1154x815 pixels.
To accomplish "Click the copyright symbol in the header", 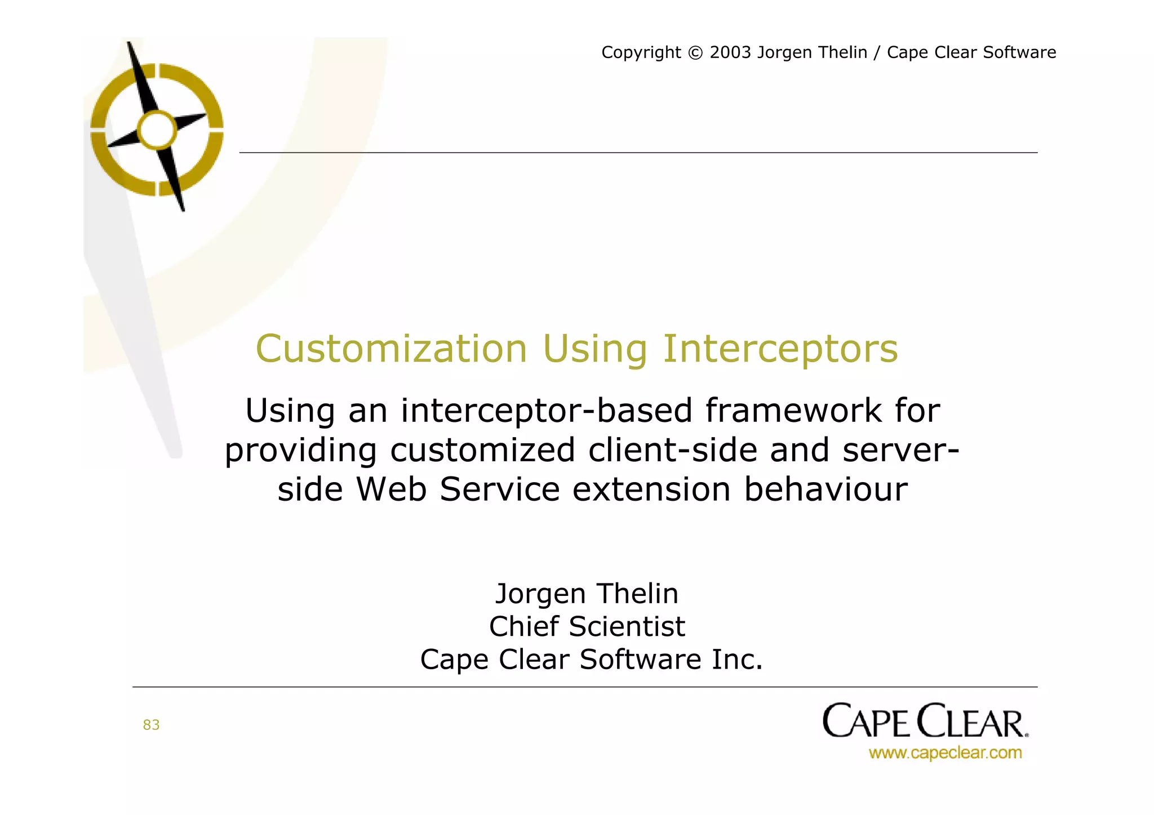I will (x=695, y=53).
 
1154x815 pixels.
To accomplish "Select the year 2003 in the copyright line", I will (x=730, y=52).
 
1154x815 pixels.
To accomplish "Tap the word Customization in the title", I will (x=391, y=349).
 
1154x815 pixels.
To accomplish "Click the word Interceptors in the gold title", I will (x=780, y=350).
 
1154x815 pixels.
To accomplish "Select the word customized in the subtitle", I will (x=483, y=450).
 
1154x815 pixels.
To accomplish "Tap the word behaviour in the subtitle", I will (x=825, y=489).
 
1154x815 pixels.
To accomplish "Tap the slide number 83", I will (x=151, y=725).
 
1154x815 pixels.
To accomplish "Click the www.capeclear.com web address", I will (x=945, y=753).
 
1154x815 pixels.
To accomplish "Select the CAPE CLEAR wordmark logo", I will (x=925, y=721).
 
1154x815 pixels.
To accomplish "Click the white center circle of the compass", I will (x=157, y=130).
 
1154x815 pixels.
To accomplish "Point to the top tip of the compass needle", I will (x=129, y=44).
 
